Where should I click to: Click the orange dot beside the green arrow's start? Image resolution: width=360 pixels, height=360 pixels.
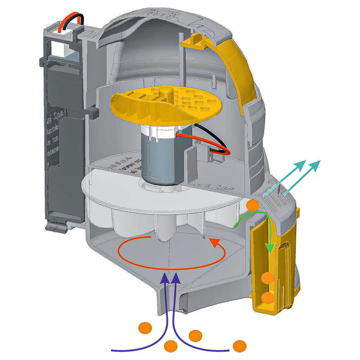[x=253, y=205]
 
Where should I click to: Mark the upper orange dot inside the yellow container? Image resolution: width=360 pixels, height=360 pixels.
[x=267, y=278]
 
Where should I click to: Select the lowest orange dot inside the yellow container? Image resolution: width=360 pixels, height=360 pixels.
[x=267, y=298]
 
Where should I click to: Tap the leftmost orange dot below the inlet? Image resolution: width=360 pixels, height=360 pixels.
[x=146, y=328]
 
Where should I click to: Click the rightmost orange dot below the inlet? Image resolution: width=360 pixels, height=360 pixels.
[x=239, y=346]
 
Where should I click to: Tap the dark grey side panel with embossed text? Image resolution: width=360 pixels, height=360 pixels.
[x=62, y=139]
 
